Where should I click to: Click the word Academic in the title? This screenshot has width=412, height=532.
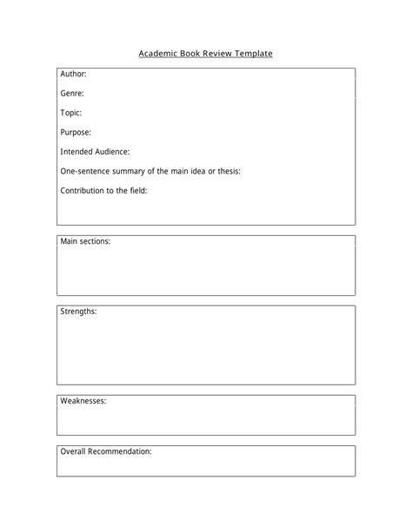pos(157,54)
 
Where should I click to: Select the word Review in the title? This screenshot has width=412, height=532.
pos(215,54)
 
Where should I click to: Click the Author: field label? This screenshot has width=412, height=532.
pos(73,74)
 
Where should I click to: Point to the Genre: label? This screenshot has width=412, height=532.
pos(72,93)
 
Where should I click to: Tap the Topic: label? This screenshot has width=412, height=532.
pos(71,112)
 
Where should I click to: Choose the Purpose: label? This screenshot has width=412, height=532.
pos(76,132)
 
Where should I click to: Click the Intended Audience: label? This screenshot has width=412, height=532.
pos(95,151)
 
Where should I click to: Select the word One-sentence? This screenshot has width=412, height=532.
pos(85,171)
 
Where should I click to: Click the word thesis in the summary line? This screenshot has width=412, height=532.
pos(229,171)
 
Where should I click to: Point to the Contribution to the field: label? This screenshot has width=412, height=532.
pos(103,190)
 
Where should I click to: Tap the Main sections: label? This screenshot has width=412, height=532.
pos(85,241)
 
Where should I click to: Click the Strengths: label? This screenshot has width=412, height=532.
pos(78,311)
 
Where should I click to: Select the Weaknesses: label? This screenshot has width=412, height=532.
pos(83,401)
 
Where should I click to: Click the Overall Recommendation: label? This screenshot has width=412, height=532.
pos(106,451)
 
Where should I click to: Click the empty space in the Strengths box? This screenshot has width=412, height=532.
pos(206,351)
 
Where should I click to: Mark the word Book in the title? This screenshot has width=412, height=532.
pos(188,54)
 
